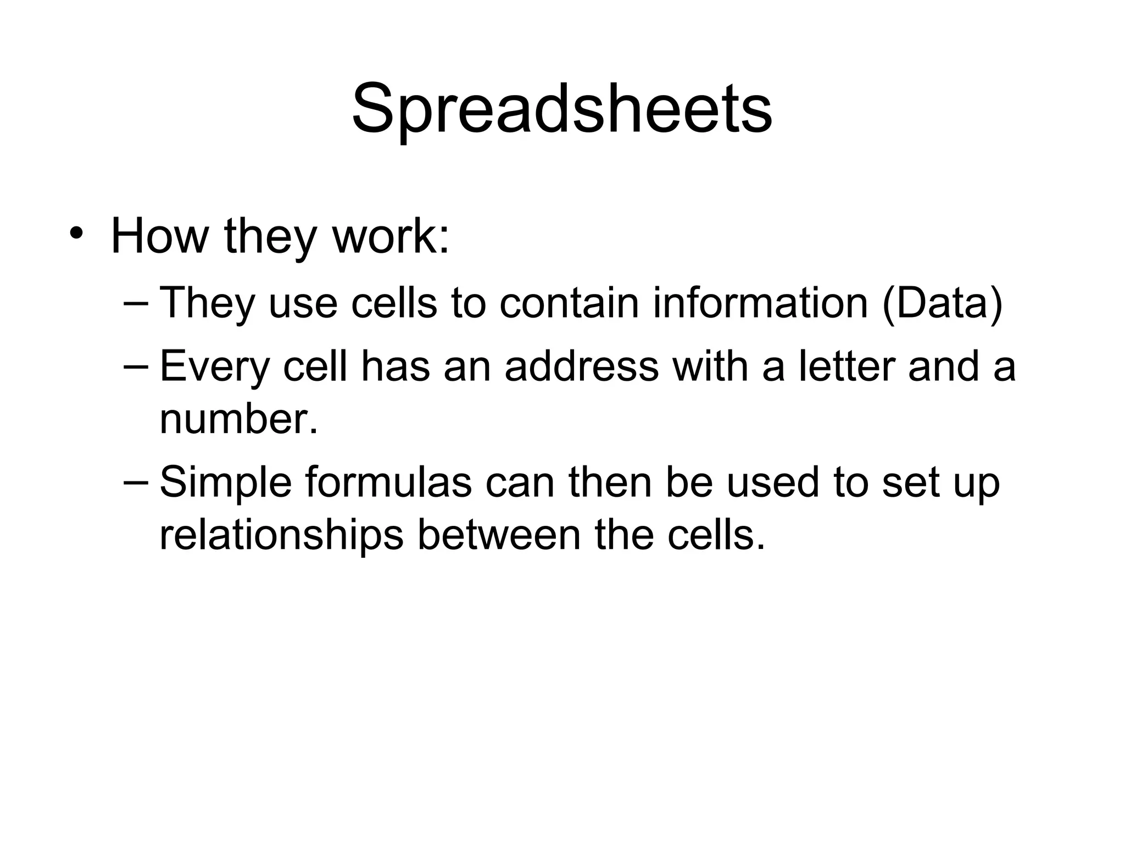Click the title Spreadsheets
coord(562,109)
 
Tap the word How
coord(159,236)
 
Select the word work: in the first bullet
coord(391,236)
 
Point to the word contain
coord(569,302)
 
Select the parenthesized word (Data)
coord(942,302)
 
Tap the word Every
coord(214,367)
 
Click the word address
coord(581,366)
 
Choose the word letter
coord(845,366)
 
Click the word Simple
coord(225,482)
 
